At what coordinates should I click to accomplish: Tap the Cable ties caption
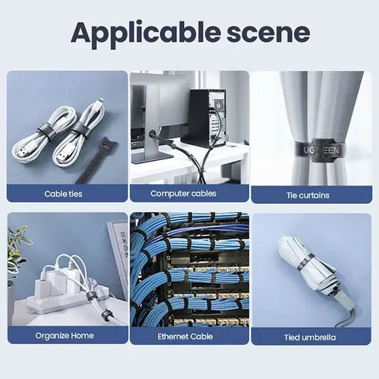[64, 193]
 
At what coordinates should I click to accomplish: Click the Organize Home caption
[64, 335]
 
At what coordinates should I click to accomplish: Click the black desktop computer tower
[208, 117]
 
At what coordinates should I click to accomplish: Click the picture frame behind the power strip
[117, 256]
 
